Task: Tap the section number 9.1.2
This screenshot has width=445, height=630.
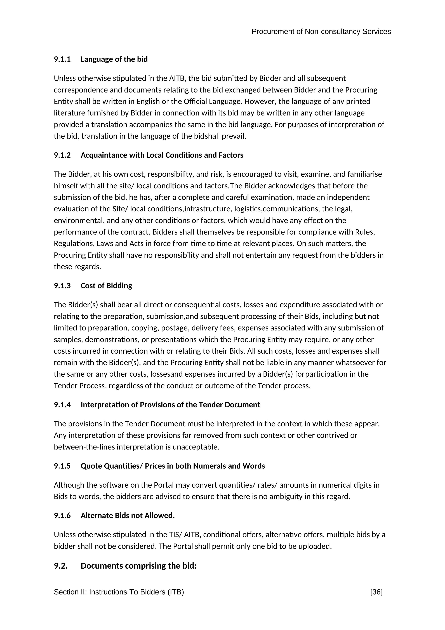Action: click(x=62, y=155)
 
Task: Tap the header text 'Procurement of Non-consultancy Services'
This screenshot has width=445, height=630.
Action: click(x=321, y=32)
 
